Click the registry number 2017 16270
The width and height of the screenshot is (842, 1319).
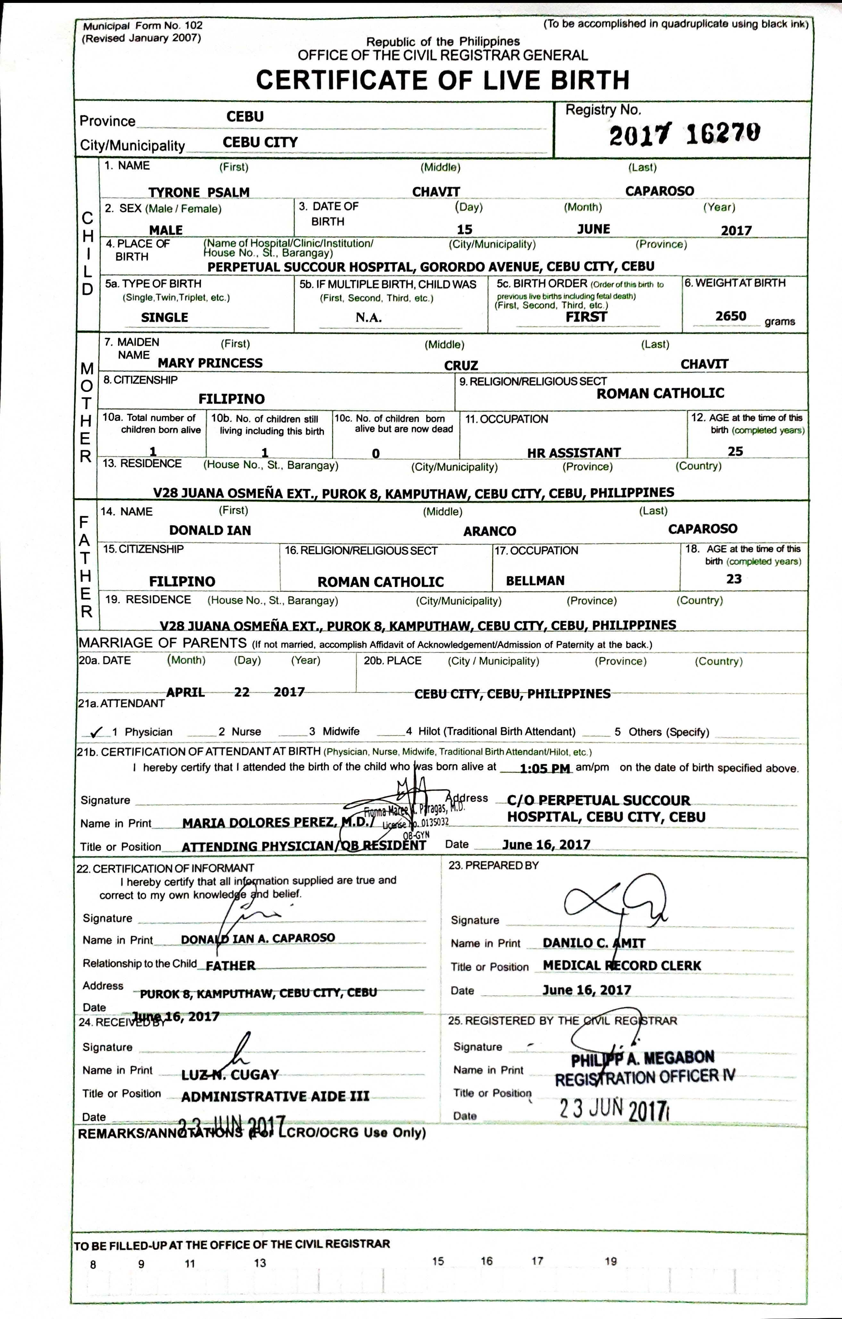684,134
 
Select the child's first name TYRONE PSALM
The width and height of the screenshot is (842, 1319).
199,192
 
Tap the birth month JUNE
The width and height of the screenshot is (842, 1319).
594,229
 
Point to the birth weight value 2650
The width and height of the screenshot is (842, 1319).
730,316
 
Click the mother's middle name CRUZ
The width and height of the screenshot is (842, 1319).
461,365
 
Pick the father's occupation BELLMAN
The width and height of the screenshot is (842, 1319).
535,581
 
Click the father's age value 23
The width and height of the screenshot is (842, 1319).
734,579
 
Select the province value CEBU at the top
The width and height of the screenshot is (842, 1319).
245,117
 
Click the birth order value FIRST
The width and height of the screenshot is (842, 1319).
586,317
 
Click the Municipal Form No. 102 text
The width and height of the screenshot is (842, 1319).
142,26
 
